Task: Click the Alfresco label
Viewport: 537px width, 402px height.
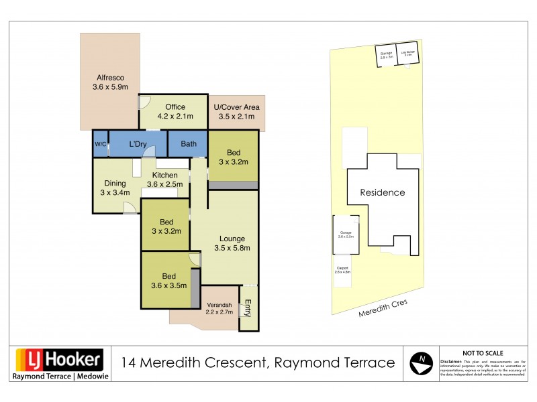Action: pos(109,82)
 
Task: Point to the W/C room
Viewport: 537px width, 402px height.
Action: pos(101,144)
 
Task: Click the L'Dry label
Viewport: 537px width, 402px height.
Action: pos(138,144)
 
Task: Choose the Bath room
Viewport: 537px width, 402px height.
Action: pos(188,144)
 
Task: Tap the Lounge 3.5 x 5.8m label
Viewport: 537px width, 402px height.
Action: pos(232,243)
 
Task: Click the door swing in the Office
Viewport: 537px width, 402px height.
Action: pos(145,103)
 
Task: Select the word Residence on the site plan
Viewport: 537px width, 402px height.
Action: pos(383,192)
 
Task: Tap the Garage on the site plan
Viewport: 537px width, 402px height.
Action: pos(346,234)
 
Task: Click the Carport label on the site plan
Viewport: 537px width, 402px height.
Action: pos(343,271)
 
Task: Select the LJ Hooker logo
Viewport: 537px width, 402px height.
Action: pos(59,360)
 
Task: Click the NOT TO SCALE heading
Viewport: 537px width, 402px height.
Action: pos(483,353)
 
